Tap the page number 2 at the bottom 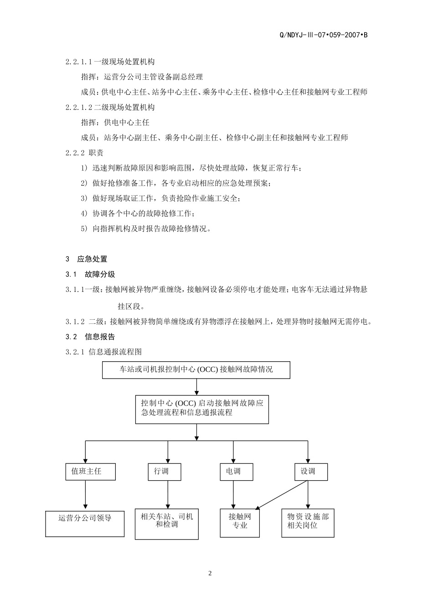[x=210, y=573]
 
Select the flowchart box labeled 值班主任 [x=90, y=472]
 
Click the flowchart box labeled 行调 [x=165, y=472]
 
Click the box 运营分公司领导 [x=85, y=523]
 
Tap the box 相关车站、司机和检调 [x=167, y=524]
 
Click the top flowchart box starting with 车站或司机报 [x=196, y=370]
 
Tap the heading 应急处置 [x=93, y=259]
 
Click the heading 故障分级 [x=100, y=274]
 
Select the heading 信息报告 [x=100, y=337]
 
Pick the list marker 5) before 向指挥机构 [x=84, y=229]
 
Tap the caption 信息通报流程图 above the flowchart [x=115, y=352]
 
